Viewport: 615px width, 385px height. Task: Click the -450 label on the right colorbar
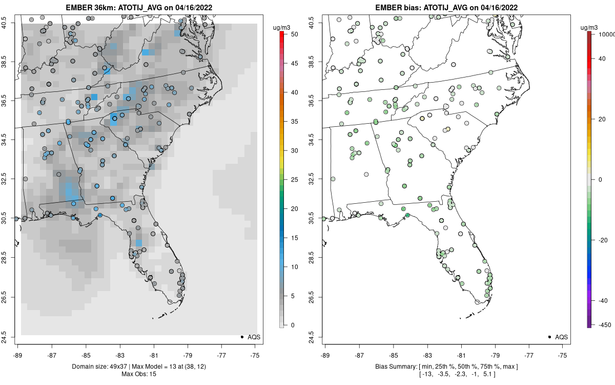(602, 324)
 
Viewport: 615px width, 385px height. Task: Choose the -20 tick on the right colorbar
(602, 240)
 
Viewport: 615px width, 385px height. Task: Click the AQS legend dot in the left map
(241, 337)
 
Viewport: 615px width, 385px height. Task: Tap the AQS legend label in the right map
(562, 337)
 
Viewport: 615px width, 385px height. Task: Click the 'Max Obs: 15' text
(138, 374)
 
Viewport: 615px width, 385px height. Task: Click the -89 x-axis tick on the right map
(325, 355)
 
